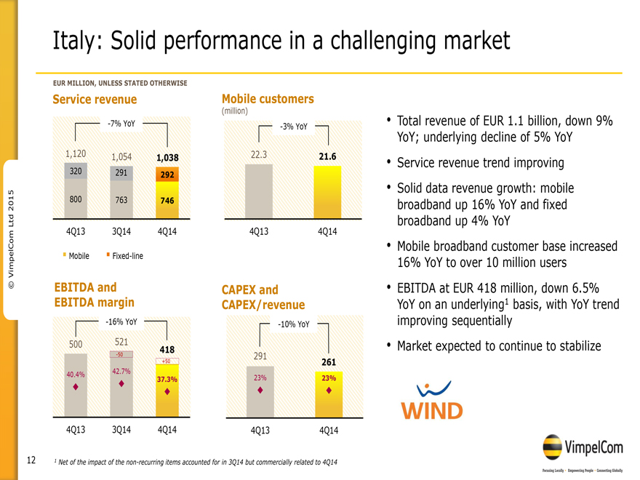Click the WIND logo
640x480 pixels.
tap(433, 402)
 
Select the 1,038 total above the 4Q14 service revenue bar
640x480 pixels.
tap(167, 156)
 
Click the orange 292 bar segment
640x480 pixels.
tap(167, 175)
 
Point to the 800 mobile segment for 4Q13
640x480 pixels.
tap(74, 198)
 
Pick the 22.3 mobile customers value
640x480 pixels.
tap(259, 154)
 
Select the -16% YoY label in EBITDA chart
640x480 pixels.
tap(121, 321)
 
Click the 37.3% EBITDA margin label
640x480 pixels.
tap(167, 380)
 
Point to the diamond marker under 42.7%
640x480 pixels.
tap(121, 384)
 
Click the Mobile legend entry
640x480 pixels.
tap(77, 255)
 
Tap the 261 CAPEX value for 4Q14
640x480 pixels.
tap(328, 361)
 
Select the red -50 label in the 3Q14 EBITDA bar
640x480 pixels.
tap(121, 354)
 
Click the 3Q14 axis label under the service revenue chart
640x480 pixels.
tap(121, 231)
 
